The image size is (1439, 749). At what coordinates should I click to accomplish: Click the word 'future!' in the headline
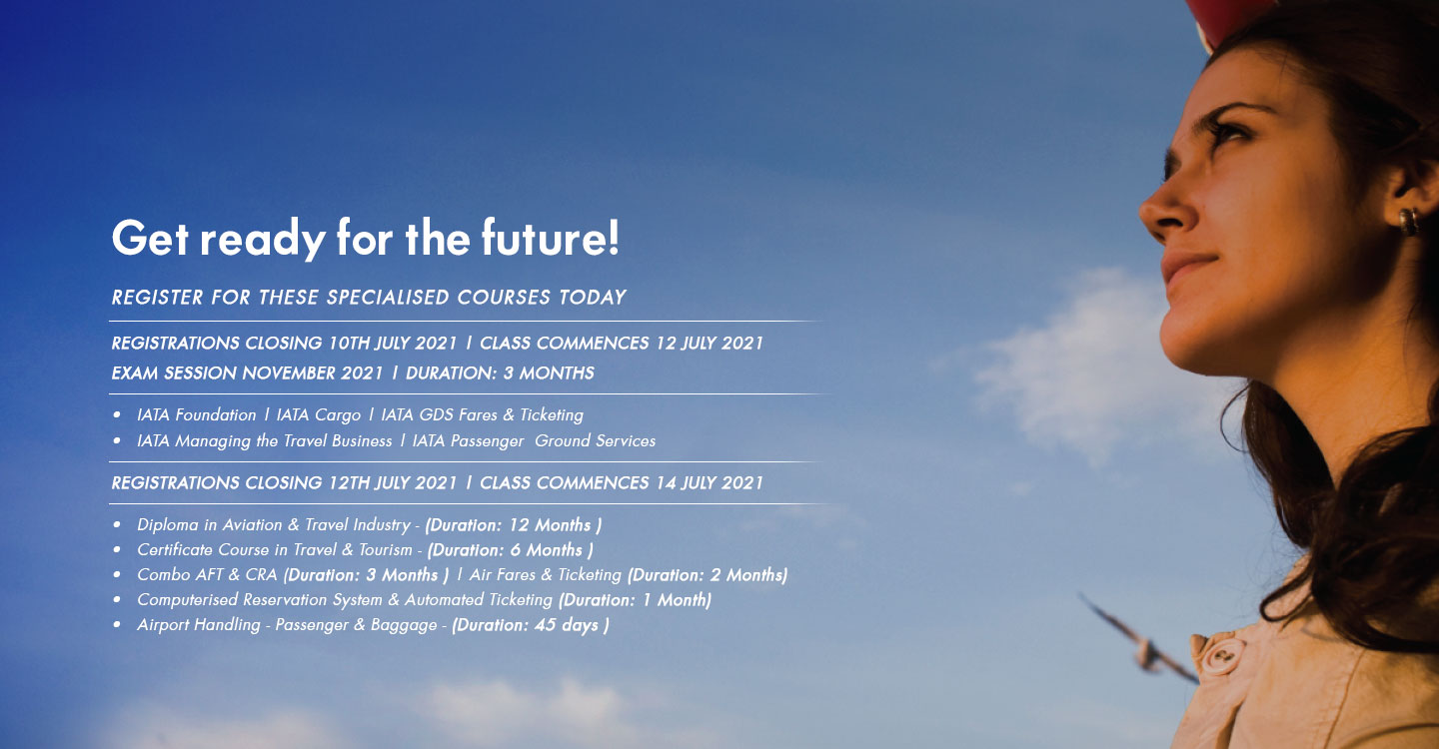tap(551, 238)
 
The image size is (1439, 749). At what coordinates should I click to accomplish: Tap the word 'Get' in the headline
tap(150, 238)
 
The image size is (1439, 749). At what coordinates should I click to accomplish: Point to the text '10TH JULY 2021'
tap(393, 343)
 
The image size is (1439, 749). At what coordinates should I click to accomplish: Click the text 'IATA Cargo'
tap(319, 415)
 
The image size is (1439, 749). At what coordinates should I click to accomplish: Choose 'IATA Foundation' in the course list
tap(197, 414)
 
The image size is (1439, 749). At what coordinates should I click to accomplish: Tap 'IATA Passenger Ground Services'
tap(534, 441)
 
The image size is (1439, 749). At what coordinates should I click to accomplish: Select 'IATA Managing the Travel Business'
tap(264, 441)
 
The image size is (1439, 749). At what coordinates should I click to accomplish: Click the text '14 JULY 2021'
tap(710, 482)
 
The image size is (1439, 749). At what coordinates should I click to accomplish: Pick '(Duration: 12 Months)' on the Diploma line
tap(514, 525)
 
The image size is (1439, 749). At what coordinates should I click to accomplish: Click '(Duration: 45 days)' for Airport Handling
tap(531, 625)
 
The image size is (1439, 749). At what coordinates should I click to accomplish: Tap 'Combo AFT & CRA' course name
tap(207, 574)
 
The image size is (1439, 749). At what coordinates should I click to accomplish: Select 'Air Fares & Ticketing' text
tap(546, 574)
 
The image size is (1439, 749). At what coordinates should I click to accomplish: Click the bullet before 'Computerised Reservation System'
tap(116, 599)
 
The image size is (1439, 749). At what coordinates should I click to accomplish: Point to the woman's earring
tap(1409, 222)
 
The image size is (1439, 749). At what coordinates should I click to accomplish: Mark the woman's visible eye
tap(1228, 132)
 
